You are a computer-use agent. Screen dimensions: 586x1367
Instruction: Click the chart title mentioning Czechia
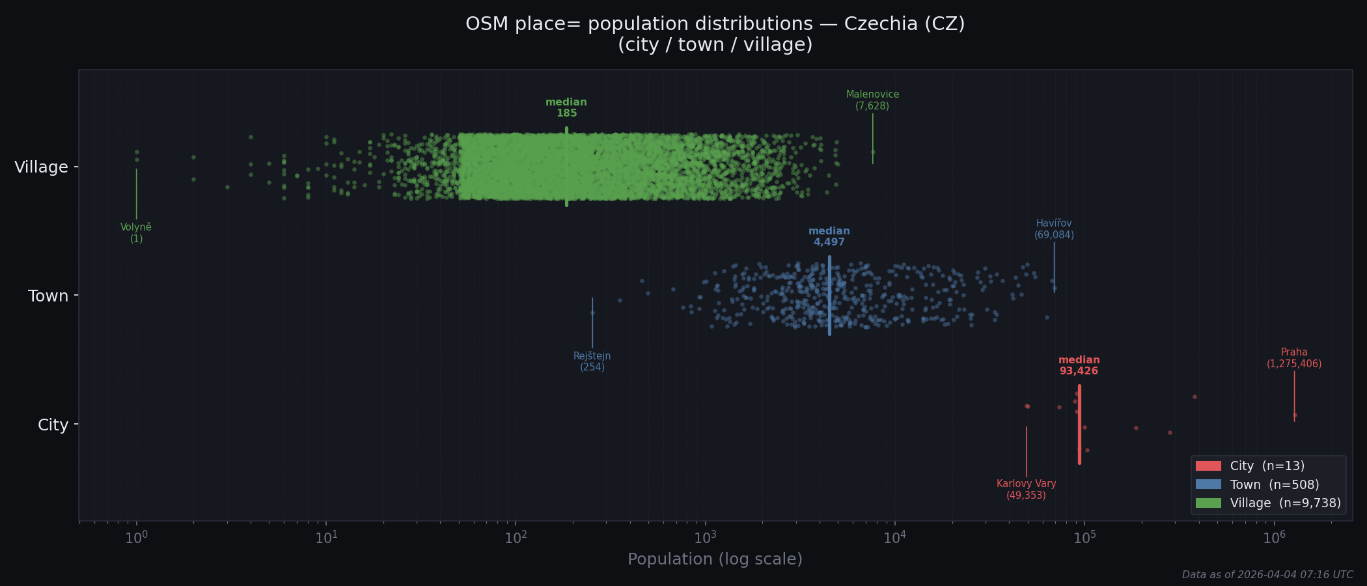(715, 34)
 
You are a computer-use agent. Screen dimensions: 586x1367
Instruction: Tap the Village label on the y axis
(41, 167)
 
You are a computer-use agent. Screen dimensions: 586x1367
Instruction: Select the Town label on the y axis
(48, 296)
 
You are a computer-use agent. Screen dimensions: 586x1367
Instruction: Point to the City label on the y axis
(53, 425)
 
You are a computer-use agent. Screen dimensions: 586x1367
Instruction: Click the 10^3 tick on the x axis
(705, 538)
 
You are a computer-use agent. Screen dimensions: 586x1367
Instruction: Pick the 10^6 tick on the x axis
(1274, 538)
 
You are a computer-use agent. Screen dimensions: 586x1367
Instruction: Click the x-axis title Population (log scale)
(715, 559)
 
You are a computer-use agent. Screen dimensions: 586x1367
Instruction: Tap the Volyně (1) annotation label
(136, 233)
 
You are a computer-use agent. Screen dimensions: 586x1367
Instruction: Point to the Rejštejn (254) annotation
(592, 361)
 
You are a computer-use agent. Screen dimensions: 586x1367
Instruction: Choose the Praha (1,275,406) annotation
(1294, 358)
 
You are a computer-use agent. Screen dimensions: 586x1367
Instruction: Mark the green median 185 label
(566, 107)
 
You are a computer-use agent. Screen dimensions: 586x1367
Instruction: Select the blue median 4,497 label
(829, 236)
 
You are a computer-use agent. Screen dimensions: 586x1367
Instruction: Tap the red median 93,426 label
(1079, 365)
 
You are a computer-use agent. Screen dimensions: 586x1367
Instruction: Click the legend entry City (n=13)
(1267, 466)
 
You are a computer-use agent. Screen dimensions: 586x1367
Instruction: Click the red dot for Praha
(1295, 415)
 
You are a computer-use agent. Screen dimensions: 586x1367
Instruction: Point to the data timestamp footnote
(1267, 575)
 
